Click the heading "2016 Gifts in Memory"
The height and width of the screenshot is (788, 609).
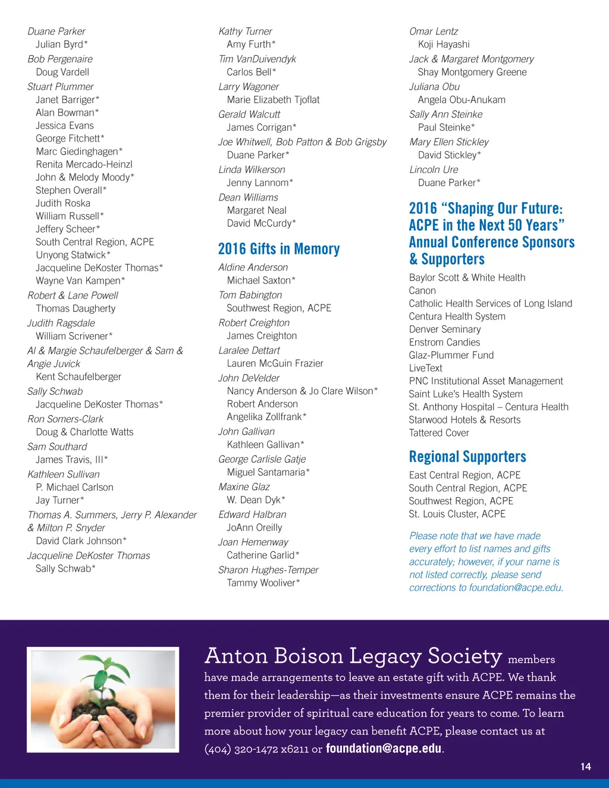pyautogui.click(x=279, y=249)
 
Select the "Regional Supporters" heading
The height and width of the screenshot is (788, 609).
pyautogui.click(x=467, y=457)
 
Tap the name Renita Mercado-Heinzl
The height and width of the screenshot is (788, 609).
pyautogui.click(x=84, y=164)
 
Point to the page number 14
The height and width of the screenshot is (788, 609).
pyautogui.click(x=585, y=767)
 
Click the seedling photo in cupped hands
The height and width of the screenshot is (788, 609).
pyautogui.click(x=103, y=699)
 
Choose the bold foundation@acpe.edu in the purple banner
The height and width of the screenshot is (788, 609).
pyautogui.click(x=384, y=748)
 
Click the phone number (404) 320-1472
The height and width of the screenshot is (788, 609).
pyautogui.click(x=241, y=749)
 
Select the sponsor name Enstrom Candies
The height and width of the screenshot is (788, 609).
pyautogui.click(x=444, y=342)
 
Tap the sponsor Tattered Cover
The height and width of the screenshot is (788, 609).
pyautogui.click(x=439, y=433)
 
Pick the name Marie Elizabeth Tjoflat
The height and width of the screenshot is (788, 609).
pyautogui.click(x=273, y=100)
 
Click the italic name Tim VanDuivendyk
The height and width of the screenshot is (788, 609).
pyautogui.click(x=257, y=59)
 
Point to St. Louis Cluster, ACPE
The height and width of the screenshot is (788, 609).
pyautogui.click(x=457, y=514)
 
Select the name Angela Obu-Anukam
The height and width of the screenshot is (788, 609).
pyautogui.click(x=462, y=100)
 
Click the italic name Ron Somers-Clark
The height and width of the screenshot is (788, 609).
pyautogui.click(x=65, y=419)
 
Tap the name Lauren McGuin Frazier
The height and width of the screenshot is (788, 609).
pyautogui.click(x=275, y=363)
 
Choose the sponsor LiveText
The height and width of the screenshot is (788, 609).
pyautogui.click(x=426, y=368)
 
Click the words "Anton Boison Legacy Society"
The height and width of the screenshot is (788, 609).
pyautogui.click(x=353, y=656)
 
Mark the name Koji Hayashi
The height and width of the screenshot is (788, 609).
pyautogui.click(x=444, y=44)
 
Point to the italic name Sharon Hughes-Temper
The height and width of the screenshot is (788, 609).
pyautogui.click(x=268, y=570)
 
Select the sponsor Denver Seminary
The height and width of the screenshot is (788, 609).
pyautogui.click(x=445, y=329)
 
